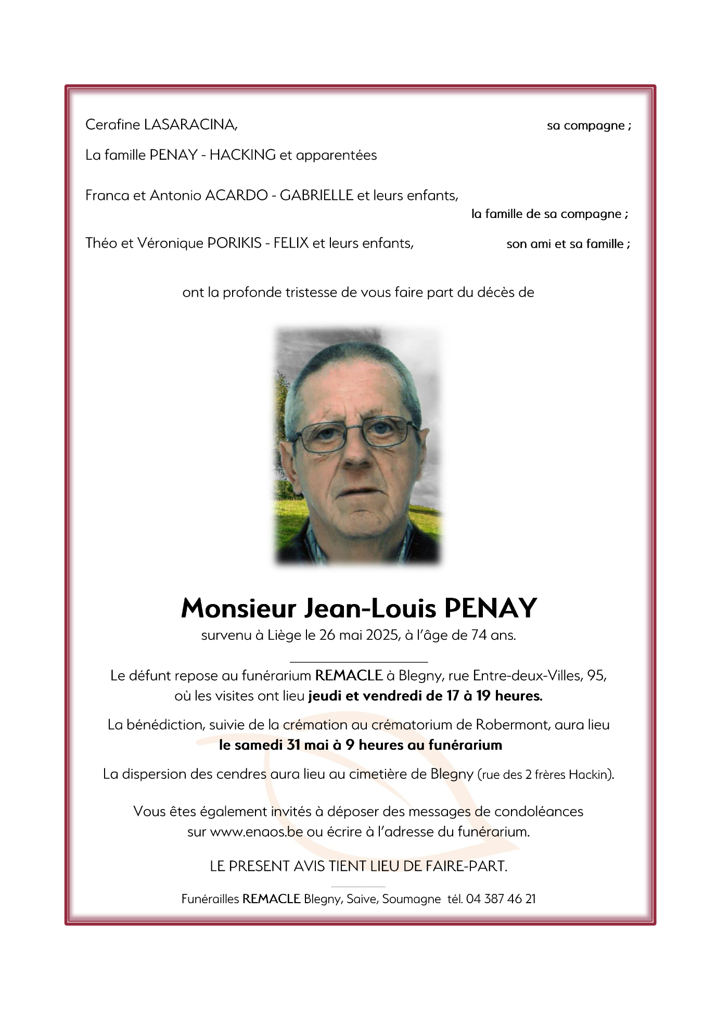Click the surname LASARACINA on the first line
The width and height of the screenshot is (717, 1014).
pyautogui.click(x=190, y=125)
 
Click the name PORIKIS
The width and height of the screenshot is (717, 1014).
pyautogui.click(x=234, y=243)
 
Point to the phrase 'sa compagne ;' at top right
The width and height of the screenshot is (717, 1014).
pyautogui.click(x=588, y=126)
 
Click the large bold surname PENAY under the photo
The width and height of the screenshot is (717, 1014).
pyautogui.click(x=491, y=608)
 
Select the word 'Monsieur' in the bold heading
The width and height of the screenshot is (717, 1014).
pyautogui.click(x=238, y=608)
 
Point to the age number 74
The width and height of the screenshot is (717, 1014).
pyautogui.click(x=479, y=635)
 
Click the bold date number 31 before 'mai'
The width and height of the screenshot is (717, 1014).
pyautogui.click(x=293, y=745)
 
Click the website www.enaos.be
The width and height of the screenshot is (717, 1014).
pyautogui.click(x=256, y=831)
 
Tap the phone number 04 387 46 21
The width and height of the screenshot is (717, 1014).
pyautogui.click(x=501, y=899)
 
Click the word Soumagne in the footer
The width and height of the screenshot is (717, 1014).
pyautogui.click(x=411, y=899)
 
